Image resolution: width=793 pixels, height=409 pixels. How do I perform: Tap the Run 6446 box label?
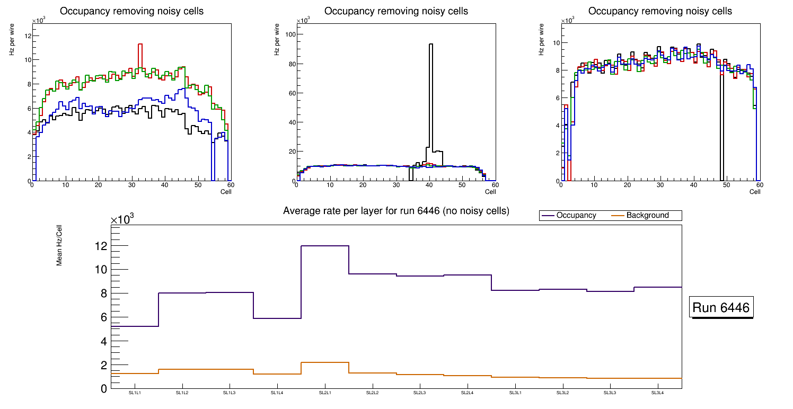pos(721,308)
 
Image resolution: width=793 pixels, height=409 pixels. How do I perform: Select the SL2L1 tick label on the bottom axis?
pos(325,393)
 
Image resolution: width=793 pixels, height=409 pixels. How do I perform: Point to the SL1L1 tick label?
pos(135,393)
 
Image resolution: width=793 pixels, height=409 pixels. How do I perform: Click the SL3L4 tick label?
pos(658,393)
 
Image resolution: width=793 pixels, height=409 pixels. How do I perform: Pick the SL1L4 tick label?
pos(277,393)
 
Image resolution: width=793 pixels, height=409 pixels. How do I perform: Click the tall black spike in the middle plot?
pos(431,95)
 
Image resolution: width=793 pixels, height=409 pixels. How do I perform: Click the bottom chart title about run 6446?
pos(396,211)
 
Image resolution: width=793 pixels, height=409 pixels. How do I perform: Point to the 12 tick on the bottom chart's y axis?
pos(100,246)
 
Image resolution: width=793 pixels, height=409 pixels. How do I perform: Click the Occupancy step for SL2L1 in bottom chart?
pos(325,246)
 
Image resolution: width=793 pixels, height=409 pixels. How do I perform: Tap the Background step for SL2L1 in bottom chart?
pos(325,362)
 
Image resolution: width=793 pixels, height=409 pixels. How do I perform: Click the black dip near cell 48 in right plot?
pos(721,127)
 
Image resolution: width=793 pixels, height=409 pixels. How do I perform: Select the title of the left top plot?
pos(131,11)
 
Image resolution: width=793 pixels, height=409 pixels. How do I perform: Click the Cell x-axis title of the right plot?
pos(755,191)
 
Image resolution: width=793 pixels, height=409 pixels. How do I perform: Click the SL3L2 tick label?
pos(562,393)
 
